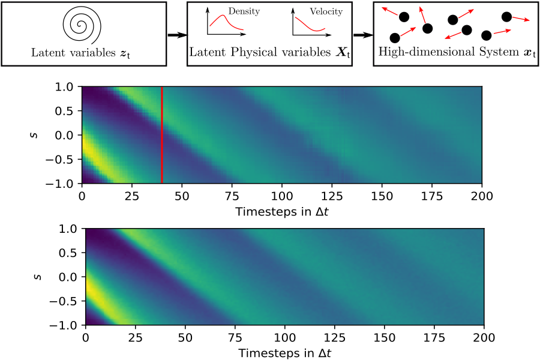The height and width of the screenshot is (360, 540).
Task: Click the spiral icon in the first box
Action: point(85,25)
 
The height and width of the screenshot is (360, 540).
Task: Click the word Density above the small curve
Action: point(239,11)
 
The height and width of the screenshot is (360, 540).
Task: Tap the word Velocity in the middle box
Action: point(326,11)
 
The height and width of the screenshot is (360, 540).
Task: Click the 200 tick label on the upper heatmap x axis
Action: point(482,195)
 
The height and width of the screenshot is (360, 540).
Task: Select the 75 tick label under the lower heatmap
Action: point(235,337)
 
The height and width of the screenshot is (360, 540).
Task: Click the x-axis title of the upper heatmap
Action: point(281,211)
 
